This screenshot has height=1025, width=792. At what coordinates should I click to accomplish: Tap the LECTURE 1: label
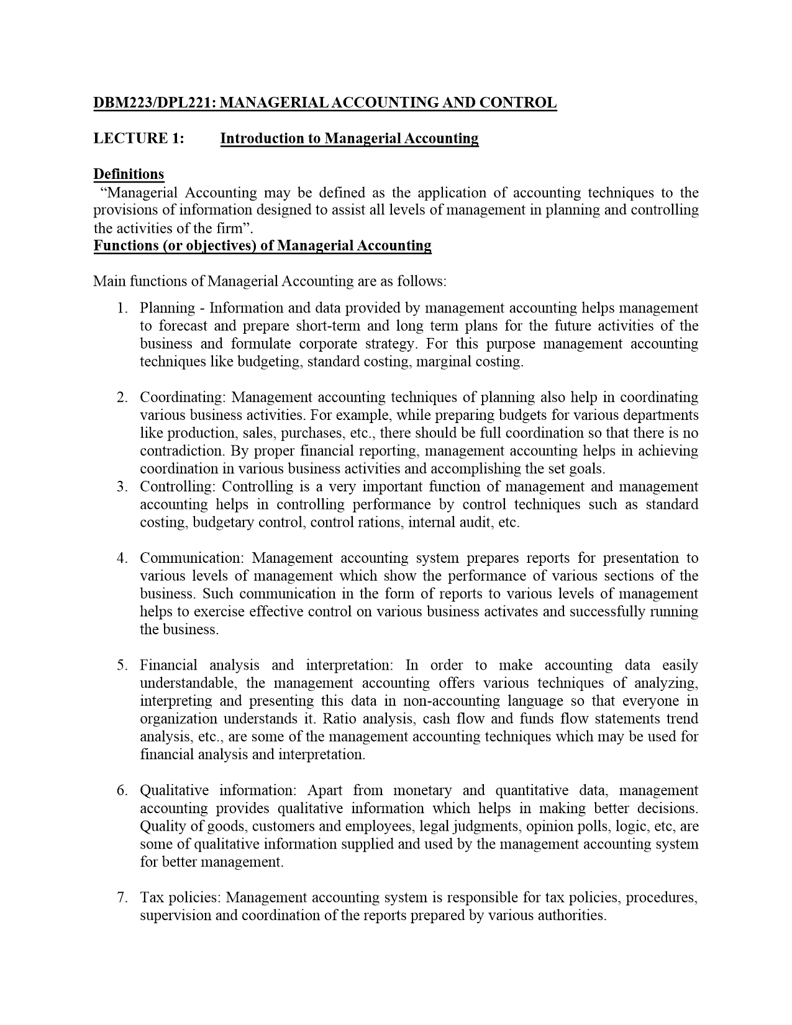(139, 138)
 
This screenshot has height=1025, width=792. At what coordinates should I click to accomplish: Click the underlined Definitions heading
(129, 174)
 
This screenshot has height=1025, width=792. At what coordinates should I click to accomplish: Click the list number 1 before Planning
(122, 308)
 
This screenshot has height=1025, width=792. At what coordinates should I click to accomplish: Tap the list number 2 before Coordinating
(122, 398)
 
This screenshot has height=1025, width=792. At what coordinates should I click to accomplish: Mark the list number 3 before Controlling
(122, 487)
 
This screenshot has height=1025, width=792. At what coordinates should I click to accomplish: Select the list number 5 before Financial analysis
(122, 666)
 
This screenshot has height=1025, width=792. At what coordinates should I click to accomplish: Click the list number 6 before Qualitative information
(122, 791)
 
